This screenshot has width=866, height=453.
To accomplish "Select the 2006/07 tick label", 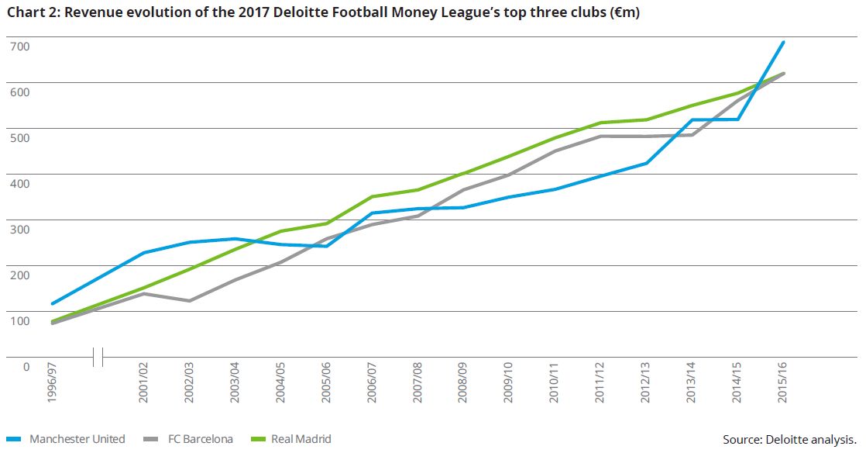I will (x=373, y=382).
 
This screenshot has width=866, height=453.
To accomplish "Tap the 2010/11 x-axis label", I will (x=555, y=382).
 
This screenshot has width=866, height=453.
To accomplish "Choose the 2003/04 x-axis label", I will (x=235, y=382).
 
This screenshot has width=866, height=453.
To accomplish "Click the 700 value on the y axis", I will (x=19, y=47).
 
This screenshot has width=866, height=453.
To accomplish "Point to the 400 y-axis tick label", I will (x=19, y=184).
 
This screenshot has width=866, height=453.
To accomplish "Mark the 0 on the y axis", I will (x=25, y=367).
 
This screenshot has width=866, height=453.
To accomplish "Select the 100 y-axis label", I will (x=19, y=321).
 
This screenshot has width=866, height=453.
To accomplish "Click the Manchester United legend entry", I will (x=77, y=439).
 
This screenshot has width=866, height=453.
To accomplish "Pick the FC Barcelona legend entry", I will (x=200, y=439).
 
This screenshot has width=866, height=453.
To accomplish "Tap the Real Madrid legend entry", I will (x=301, y=439).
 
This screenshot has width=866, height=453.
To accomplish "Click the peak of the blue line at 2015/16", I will (x=784, y=42).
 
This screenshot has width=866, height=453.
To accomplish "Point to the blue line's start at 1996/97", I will (x=52, y=303).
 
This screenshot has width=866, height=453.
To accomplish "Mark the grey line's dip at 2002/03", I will (x=189, y=300).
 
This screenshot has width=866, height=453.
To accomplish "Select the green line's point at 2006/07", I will (x=373, y=196).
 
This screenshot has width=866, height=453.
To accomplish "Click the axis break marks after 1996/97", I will (x=98, y=357).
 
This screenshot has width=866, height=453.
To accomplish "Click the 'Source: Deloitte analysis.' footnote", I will (x=789, y=440).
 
